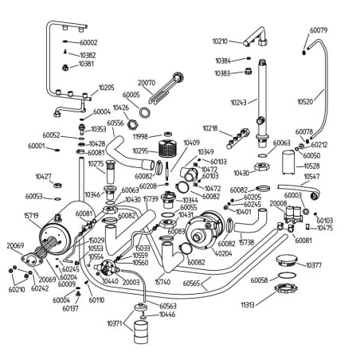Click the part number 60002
click(x=88, y=42)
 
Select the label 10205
click(x=106, y=88)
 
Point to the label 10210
click(x=221, y=41)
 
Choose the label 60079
click(x=318, y=30)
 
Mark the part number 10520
click(x=305, y=102)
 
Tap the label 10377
click(x=313, y=265)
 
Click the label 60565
click(x=213, y=283)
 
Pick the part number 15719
click(x=31, y=216)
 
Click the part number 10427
click(x=44, y=176)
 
